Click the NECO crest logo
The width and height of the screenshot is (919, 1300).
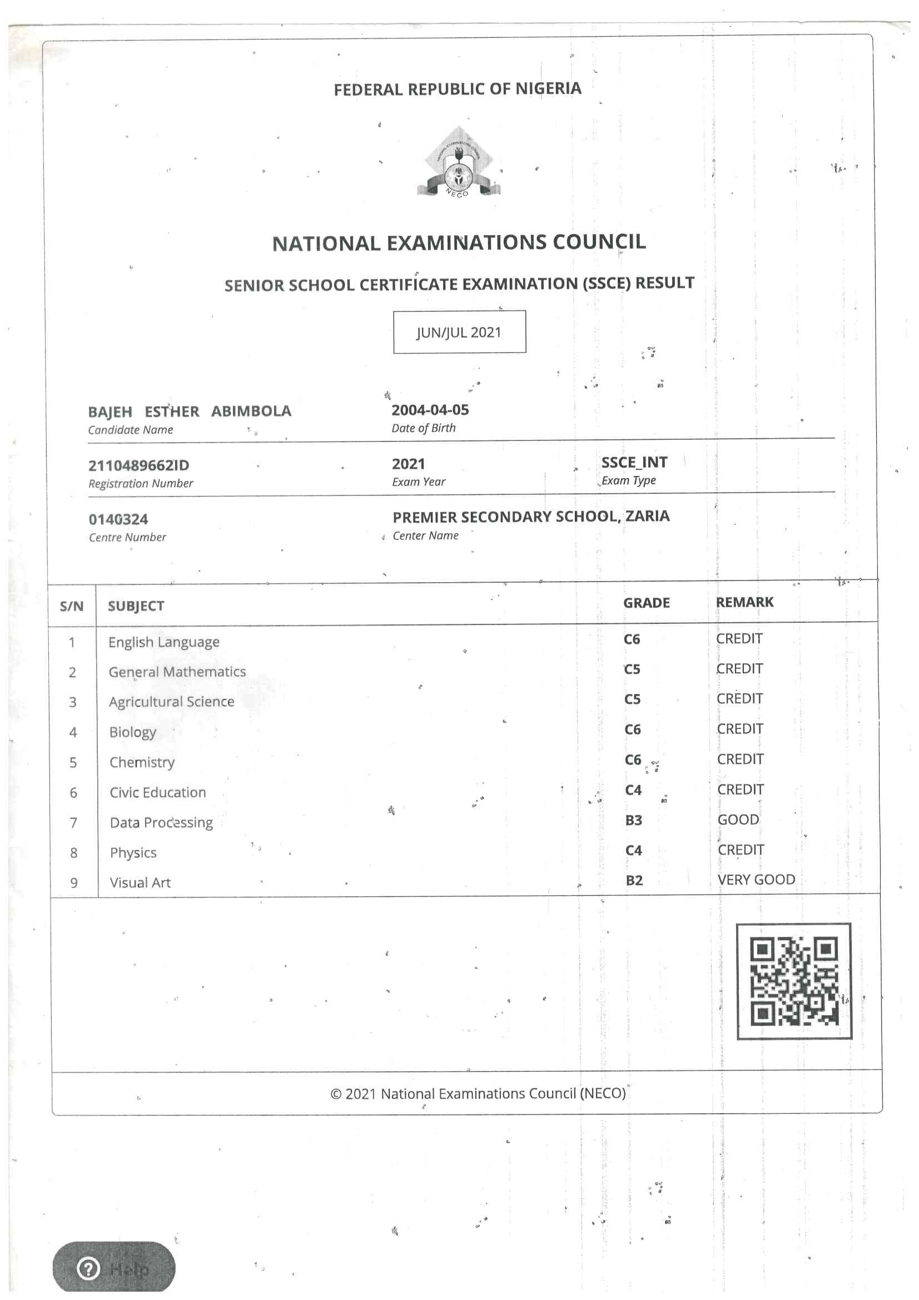(458, 163)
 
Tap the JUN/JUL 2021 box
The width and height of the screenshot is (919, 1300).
(459, 332)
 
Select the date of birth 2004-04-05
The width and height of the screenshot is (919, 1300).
(430, 410)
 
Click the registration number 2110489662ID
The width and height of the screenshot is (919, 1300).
(139, 465)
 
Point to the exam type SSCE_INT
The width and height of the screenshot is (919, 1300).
(634, 463)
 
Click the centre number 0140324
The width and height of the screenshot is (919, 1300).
(118, 519)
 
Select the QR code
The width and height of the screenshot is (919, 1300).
(794, 981)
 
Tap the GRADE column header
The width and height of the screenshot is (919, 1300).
(646, 603)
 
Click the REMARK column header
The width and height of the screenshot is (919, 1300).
(744, 602)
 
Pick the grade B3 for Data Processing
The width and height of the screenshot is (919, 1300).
(633, 821)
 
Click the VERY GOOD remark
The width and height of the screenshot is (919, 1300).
(756, 879)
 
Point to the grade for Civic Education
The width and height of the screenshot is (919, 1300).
(633, 791)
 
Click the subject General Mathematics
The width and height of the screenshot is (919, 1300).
(177, 672)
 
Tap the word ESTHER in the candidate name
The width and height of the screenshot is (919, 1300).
(172, 411)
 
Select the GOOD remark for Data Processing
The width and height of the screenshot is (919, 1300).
(738, 819)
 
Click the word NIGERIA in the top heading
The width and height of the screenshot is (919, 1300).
(548, 88)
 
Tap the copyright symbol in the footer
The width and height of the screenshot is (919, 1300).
(336, 1094)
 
